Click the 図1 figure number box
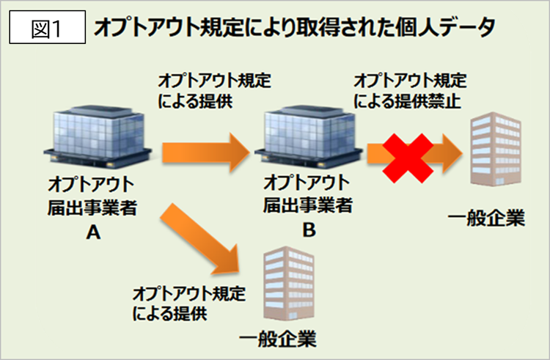click(48, 27)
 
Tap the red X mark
click(408, 158)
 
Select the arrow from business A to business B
click(206, 153)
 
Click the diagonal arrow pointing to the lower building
click(199, 239)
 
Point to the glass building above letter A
click(98, 136)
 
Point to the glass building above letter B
click(308, 136)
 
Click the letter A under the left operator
click(93, 232)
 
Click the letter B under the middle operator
click(309, 230)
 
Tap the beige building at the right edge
click(496, 149)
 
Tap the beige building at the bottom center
click(289, 283)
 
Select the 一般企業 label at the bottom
click(278, 339)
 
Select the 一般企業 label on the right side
click(486, 218)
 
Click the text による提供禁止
click(407, 101)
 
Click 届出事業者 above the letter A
click(92, 207)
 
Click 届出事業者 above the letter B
click(308, 205)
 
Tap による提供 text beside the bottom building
click(170, 312)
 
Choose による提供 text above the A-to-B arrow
click(195, 101)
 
